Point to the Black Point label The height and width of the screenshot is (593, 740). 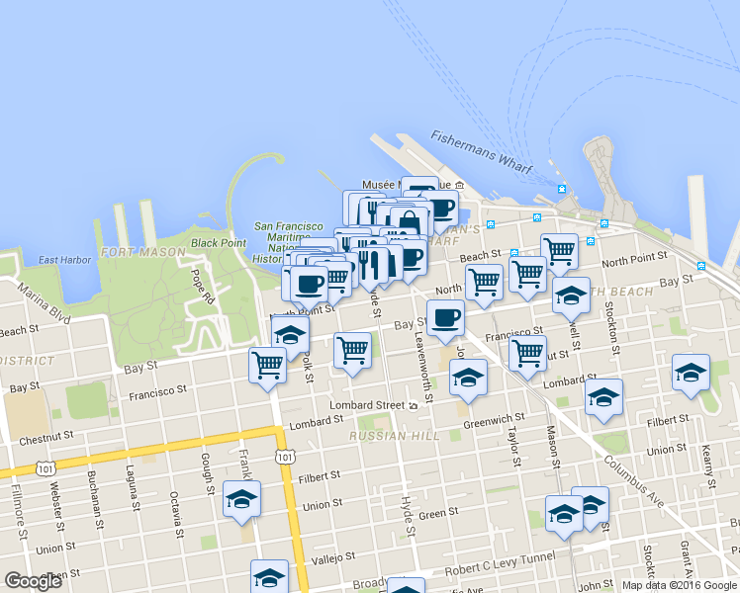[x=218, y=242]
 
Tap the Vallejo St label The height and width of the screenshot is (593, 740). [x=333, y=558]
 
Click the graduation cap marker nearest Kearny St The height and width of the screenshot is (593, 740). [x=691, y=373]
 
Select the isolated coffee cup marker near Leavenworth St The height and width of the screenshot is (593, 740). [x=445, y=318]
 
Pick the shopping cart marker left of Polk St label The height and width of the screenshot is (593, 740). [x=268, y=365]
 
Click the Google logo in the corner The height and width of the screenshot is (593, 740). [x=33, y=581]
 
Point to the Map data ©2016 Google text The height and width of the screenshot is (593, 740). [x=679, y=584]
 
